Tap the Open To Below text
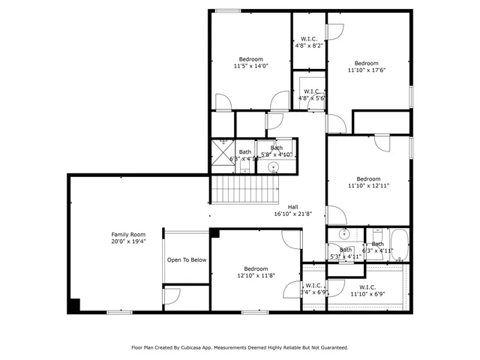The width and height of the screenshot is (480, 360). tap(187, 259)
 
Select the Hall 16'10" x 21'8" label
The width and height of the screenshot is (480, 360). tap(293, 211)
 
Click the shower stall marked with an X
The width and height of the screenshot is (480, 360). tap(222, 150)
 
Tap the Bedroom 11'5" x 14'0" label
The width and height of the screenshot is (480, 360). tap(250, 62)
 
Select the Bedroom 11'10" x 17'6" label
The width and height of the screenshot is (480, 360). tap(366, 67)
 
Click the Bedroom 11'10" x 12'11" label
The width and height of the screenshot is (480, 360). tap(367, 182)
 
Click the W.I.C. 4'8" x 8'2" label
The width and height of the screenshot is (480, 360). tap(309, 42)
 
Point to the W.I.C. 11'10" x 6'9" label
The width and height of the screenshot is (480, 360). tap(367, 290)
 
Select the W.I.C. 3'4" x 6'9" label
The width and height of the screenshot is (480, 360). tap(313, 289)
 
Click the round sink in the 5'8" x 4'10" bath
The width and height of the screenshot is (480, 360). tap(274, 166)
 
